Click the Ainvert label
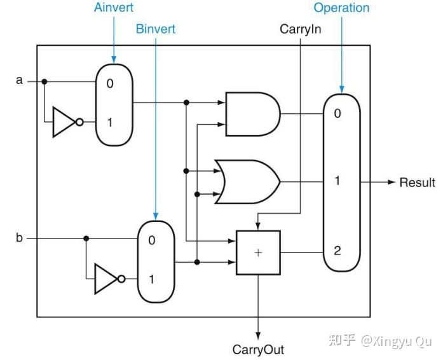point(114,8)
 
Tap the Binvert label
point(156,29)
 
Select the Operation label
point(341,8)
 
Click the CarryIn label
point(301,29)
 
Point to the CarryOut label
point(258,350)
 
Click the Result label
point(418,183)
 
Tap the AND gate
point(253,114)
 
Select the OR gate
point(247,182)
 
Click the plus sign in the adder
point(258,253)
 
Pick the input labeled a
point(19,80)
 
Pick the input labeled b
point(19,237)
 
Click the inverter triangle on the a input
point(64,122)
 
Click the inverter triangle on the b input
point(106,279)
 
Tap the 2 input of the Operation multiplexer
point(337,251)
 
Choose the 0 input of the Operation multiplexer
point(337,113)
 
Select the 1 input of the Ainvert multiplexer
point(110,123)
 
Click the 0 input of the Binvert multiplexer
point(152,240)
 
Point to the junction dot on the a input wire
point(44,81)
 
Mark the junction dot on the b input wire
point(86,239)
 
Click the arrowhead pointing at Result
point(392,182)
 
